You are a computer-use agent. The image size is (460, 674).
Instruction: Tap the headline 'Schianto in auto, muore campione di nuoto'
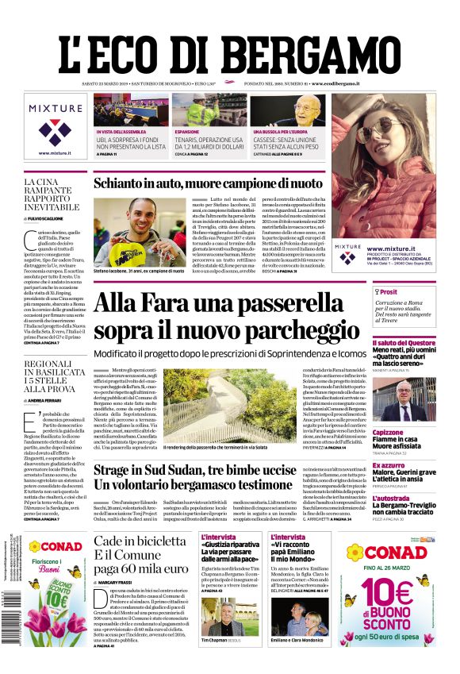208,184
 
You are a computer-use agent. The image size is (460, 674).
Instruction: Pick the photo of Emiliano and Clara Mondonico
301,615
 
